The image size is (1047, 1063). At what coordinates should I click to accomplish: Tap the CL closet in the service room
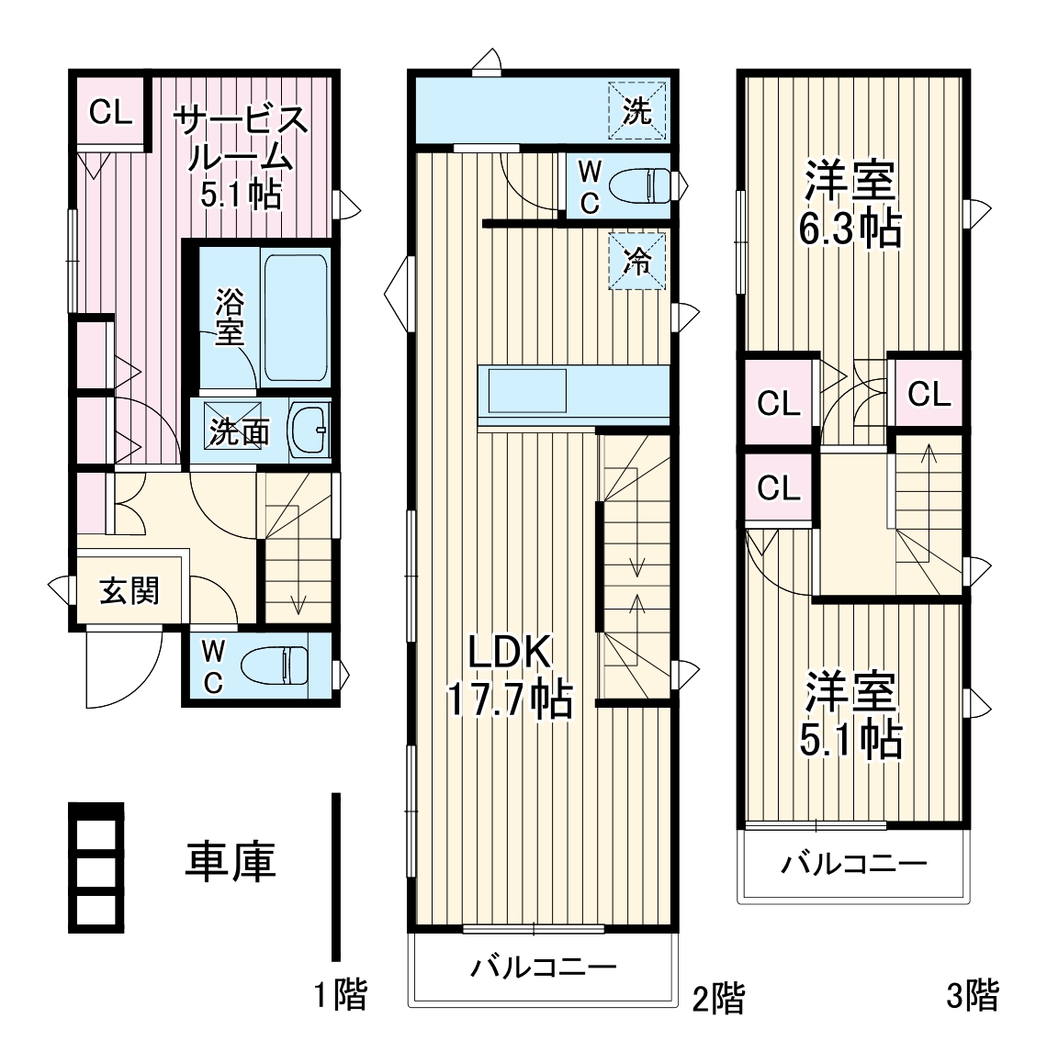point(110,113)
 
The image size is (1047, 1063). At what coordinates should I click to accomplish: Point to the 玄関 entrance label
point(129,590)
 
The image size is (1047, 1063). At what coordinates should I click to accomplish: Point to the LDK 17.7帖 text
point(510,677)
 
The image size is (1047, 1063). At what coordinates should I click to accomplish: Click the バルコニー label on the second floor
point(544,967)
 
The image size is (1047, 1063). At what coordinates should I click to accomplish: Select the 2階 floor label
point(717,997)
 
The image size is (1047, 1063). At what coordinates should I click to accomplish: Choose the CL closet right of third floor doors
point(929,394)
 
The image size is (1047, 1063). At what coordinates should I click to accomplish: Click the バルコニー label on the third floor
point(854,864)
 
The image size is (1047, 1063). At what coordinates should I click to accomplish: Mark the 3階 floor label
point(973,994)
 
